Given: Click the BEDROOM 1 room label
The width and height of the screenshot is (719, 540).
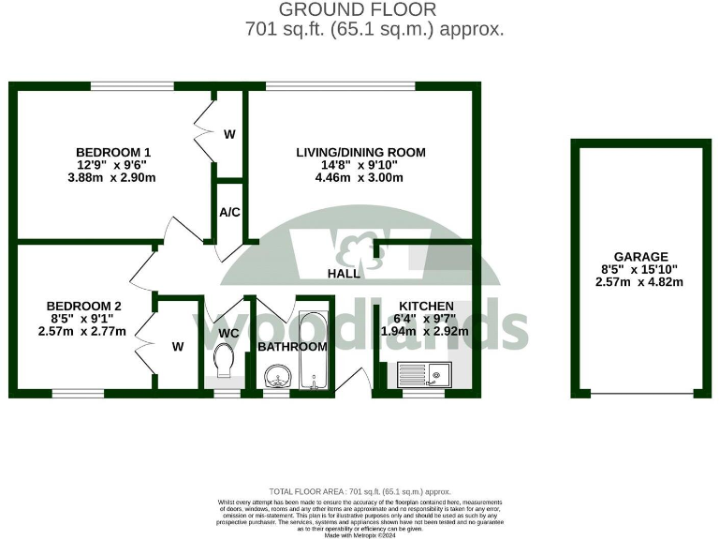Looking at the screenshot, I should [x=113, y=152].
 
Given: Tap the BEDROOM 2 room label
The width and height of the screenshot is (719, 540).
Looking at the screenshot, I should [x=85, y=305].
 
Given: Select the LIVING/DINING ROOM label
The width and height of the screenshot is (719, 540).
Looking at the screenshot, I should [x=360, y=152].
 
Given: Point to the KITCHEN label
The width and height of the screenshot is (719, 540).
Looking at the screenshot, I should [x=426, y=306].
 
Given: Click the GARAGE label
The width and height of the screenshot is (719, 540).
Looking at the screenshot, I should [x=640, y=256].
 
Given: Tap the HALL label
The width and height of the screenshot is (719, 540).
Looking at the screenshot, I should [x=344, y=274].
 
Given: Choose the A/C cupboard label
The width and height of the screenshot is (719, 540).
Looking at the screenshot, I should [x=229, y=212].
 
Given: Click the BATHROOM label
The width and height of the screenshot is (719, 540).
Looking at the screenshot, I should [x=292, y=346].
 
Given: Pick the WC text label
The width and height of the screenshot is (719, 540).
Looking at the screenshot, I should [x=229, y=332].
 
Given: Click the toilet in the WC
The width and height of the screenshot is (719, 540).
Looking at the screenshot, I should [x=225, y=362].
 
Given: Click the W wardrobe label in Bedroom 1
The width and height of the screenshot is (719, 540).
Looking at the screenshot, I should [x=229, y=134].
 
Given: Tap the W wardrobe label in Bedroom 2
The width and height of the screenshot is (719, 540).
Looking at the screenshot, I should [x=178, y=346].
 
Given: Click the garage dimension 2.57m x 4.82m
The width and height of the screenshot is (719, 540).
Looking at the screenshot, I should [x=640, y=282].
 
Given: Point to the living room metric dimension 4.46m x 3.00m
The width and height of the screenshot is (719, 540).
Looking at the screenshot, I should [x=360, y=178].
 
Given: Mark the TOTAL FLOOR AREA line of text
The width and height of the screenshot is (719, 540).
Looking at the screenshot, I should [x=359, y=491].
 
